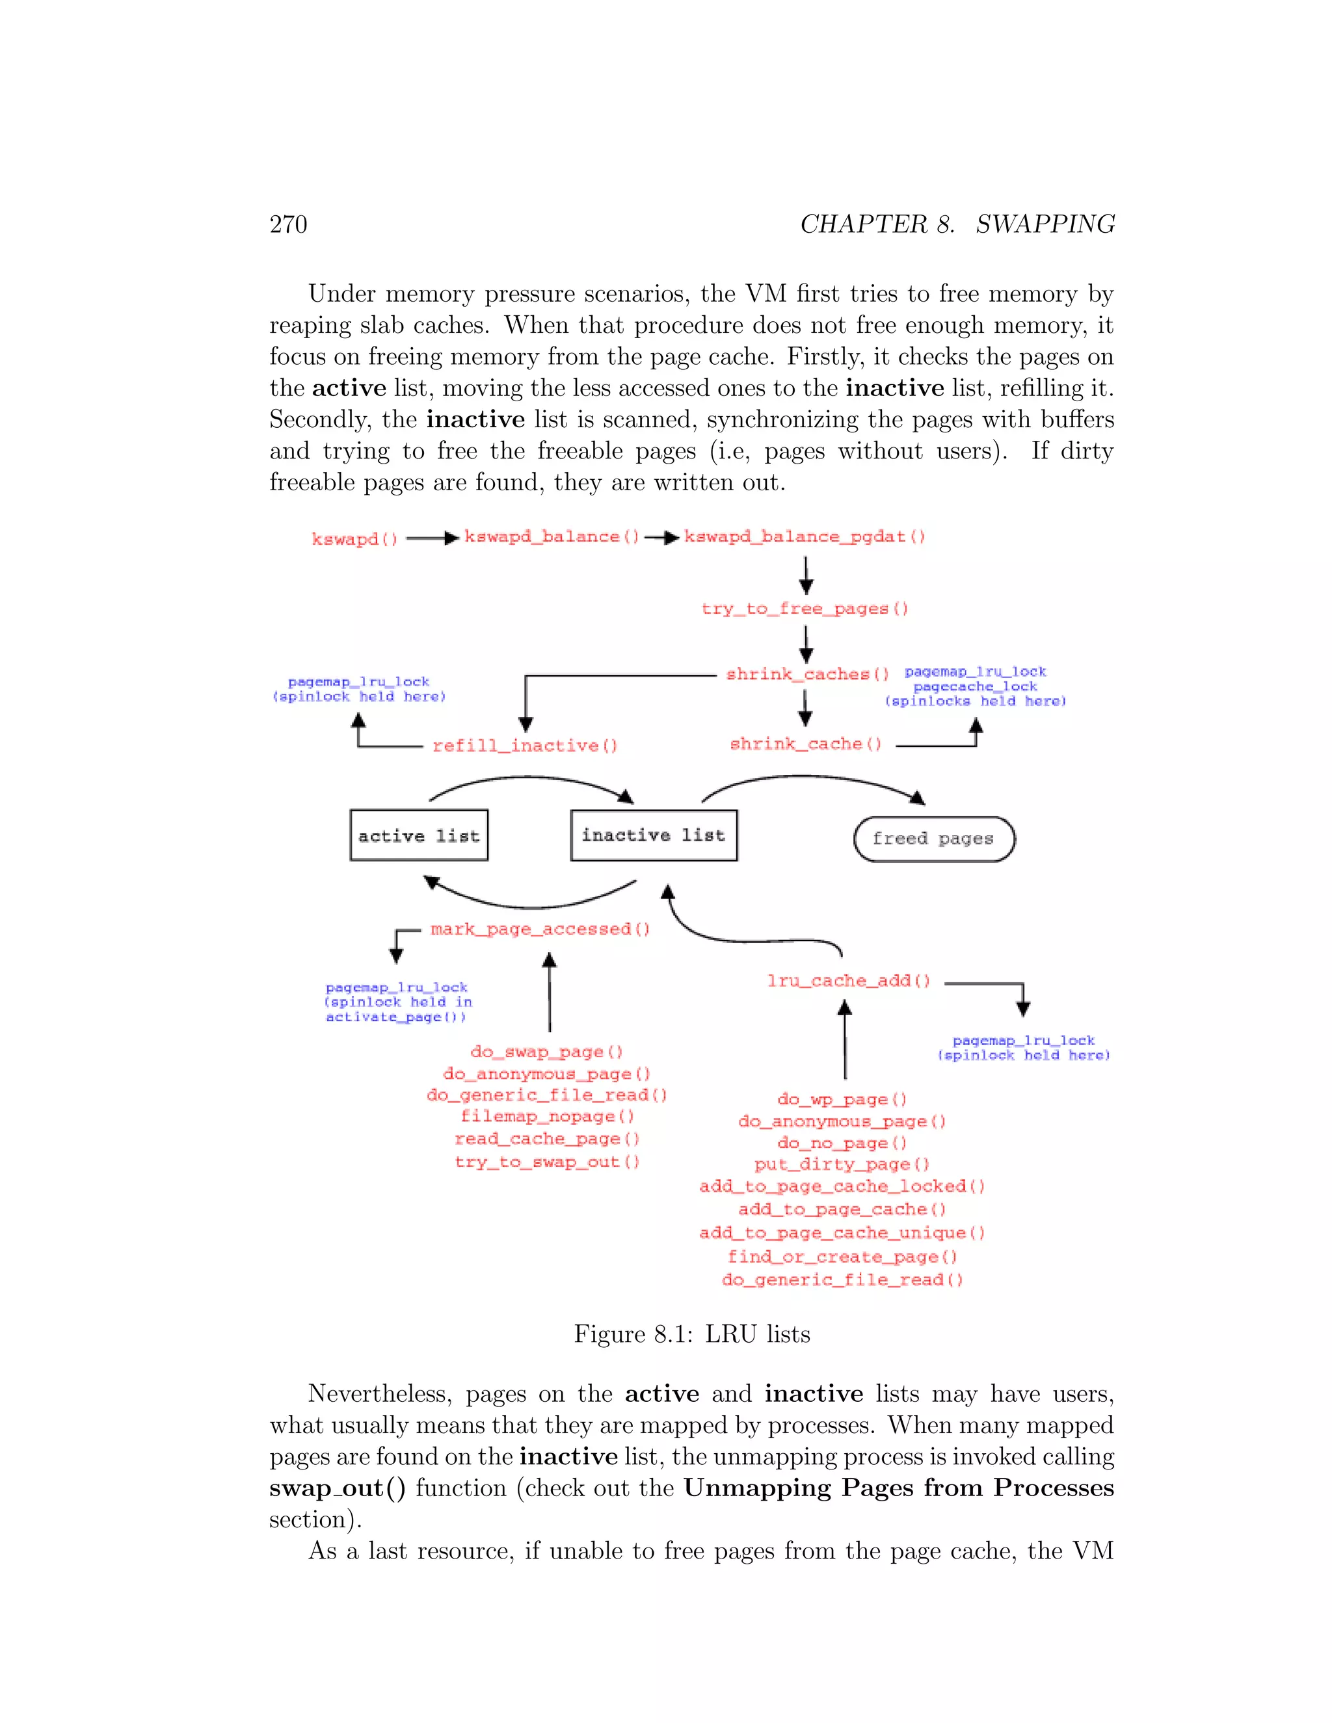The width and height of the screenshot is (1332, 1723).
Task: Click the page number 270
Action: [x=288, y=225]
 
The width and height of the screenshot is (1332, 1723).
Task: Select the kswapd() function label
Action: [x=354, y=540]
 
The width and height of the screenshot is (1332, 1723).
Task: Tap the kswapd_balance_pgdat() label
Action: [x=804, y=537]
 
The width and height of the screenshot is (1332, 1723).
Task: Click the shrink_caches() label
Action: [x=807, y=674]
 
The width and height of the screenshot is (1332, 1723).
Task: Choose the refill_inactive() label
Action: [x=525, y=746]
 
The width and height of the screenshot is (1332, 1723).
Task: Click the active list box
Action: [x=419, y=835]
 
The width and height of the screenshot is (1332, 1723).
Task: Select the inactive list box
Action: [x=654, y=835]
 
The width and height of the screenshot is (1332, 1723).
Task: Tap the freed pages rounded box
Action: [x=933, y=839]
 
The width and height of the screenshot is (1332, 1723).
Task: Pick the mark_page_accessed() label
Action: [x=540, y=929]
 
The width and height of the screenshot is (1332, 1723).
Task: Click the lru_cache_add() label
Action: [x=849, y=981]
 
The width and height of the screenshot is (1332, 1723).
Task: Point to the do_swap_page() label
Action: [x=547, y=1053]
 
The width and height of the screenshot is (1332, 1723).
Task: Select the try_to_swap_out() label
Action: [x=547, y=1162]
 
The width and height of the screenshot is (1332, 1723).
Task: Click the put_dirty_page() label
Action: [x=842, y=1164]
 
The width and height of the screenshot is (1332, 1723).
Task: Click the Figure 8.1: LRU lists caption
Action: [x=692, y=1334]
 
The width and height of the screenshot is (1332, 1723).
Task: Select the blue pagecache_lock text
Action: [x=976, y=687]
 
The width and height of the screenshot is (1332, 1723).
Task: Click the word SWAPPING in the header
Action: [x=1045, y=225]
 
